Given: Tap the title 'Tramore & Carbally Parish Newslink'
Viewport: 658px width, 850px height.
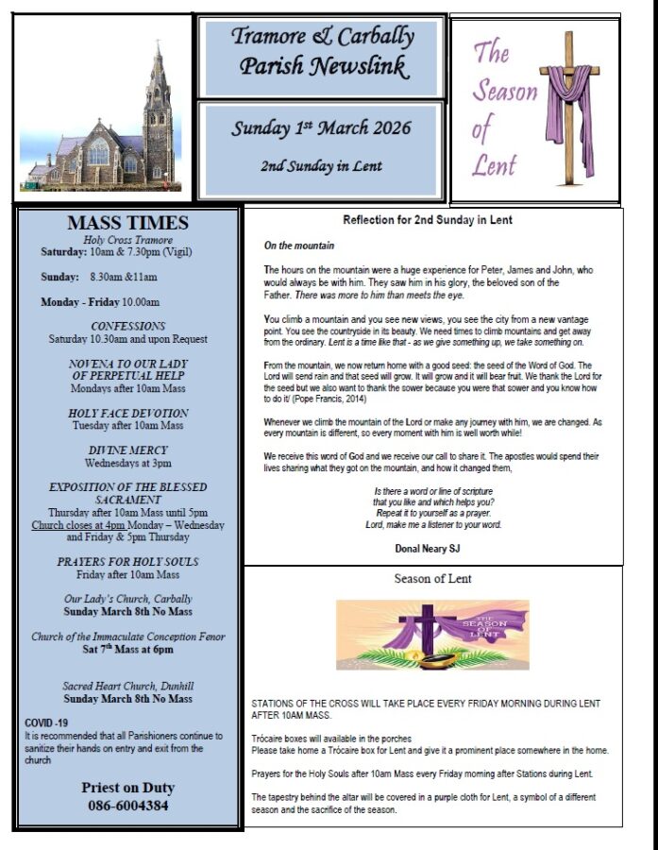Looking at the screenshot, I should (x=322, y=52).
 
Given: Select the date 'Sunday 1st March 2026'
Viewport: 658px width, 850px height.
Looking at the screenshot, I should (x=322, y=128).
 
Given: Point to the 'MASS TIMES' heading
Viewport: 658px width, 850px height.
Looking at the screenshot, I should (x=127, y=224).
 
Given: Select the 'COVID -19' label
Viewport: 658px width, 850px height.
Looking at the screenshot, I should (x=46, y=723).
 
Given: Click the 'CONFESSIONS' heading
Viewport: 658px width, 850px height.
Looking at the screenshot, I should (x=128, y=326).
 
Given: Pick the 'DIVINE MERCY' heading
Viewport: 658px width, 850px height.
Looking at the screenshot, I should (x=128, y=450).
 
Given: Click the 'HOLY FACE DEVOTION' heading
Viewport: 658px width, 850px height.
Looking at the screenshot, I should (x=128, y=413).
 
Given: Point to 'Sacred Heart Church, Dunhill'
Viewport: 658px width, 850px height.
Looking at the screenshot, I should (x=127, y=686).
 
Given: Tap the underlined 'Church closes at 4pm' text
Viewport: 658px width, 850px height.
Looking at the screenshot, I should (x=78, y=525).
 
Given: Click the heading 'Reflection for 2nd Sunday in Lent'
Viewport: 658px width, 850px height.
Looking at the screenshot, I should (x=428, y=220).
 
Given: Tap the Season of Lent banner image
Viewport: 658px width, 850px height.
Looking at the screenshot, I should (x=432, y=634).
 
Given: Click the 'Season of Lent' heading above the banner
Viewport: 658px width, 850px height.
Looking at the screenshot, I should (x=432, y=578).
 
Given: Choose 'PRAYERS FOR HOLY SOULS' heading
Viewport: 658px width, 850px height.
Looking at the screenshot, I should (x=127, y=562).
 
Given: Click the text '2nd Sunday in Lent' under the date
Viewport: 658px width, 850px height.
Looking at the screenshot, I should (x=322, y=166).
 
